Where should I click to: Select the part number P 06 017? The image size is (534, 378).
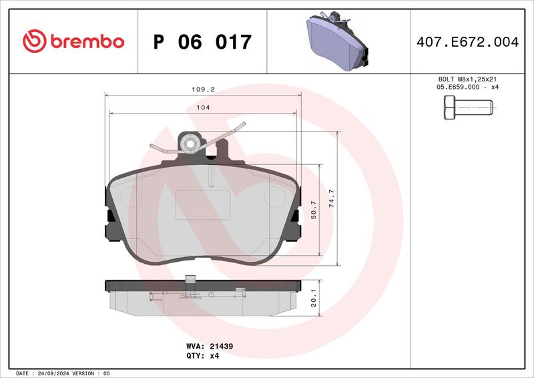tap(202, 42)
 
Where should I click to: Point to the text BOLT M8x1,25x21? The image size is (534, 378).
tap(467, 79)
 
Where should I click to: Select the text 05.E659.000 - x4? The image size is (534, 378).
tap(467, 87)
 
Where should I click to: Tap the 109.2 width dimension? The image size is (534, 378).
tap(202, 89)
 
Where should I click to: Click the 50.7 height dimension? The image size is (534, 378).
tap(314, 208)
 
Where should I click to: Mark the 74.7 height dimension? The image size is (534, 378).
tap(332, 199)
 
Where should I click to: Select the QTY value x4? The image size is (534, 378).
tap(214, 356)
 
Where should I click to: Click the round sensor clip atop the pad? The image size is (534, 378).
tap(190, 142)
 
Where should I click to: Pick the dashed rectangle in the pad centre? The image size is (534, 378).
tap(203, 204)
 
